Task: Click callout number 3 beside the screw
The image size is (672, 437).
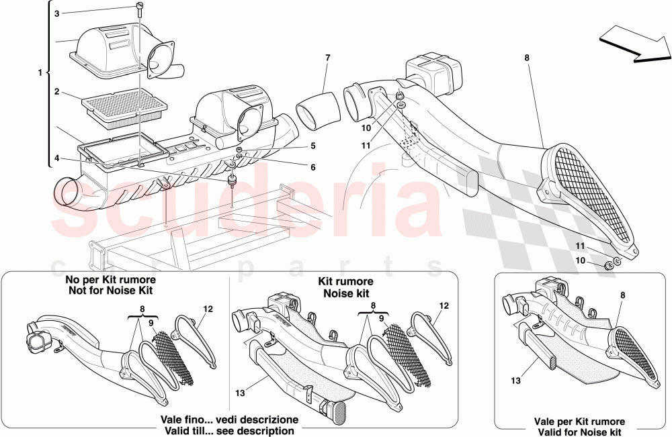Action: coord(56,13)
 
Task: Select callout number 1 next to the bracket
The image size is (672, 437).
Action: coord(40,72)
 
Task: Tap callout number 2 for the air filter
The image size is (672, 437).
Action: coord(57,91)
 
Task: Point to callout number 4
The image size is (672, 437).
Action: coord(57,158)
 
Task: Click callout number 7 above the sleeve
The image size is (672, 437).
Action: coord(327,58)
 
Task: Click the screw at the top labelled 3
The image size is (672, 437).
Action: coord(140,9)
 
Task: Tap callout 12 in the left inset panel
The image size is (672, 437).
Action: coord(208,309)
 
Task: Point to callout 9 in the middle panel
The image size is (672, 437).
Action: coord(380,318)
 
